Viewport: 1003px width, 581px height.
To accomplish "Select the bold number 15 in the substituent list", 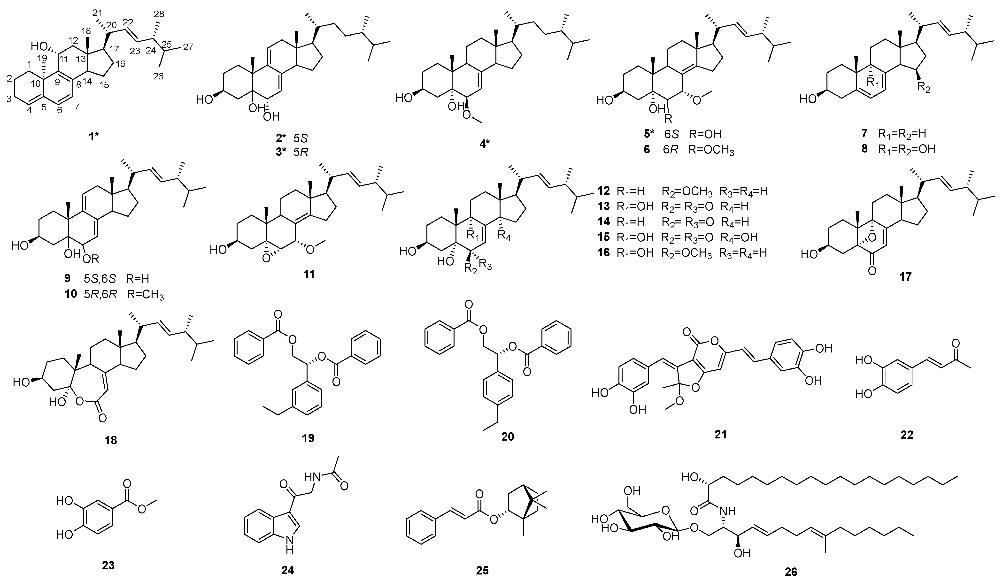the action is [603, 237].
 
